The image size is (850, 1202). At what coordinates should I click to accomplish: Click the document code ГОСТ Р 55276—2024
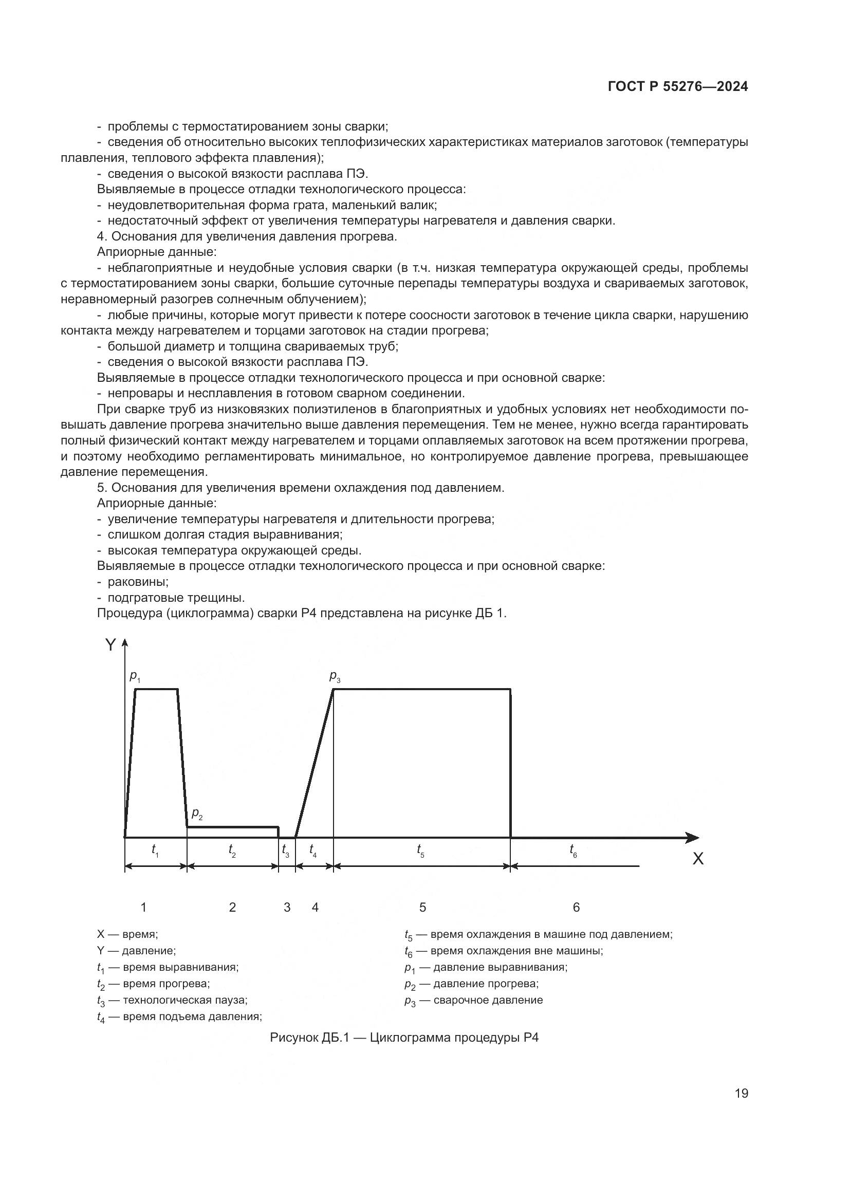(678, 87)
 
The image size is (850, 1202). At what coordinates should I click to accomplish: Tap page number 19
(741, 1093)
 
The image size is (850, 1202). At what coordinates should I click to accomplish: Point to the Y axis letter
(110, 645)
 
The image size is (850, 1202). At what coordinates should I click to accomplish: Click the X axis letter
(698, 859)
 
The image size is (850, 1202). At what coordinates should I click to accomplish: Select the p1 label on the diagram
(135, 677)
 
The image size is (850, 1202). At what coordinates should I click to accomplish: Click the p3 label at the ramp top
(335, 676)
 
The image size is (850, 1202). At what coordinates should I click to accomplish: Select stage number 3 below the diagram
(287, 907)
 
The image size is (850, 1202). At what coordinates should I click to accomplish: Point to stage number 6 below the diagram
(576, 907)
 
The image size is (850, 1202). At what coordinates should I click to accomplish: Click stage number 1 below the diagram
(143, 907)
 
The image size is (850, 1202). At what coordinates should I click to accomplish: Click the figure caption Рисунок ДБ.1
(403, 1037)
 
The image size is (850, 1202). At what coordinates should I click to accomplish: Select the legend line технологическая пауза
(172, 1000)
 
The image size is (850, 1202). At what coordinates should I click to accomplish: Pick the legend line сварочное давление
(474, 1000)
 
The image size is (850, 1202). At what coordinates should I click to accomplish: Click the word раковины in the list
(138, 582)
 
